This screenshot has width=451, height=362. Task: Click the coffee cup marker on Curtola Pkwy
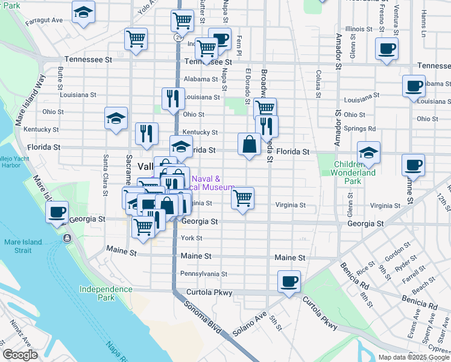click(289, 281)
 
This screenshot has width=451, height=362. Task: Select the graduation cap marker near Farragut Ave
click(83, 12)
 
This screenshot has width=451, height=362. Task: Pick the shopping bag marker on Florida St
click(249, 144)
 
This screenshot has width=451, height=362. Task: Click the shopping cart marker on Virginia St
click(242, 198)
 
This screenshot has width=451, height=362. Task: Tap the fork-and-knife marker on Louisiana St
click(173, 98)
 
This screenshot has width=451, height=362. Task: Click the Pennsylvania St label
click(204, 273)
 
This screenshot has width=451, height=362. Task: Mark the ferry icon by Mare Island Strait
click(66, 238)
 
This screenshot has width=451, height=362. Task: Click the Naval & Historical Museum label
click(213, 183)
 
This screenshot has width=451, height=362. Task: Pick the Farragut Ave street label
click(44, 21)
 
